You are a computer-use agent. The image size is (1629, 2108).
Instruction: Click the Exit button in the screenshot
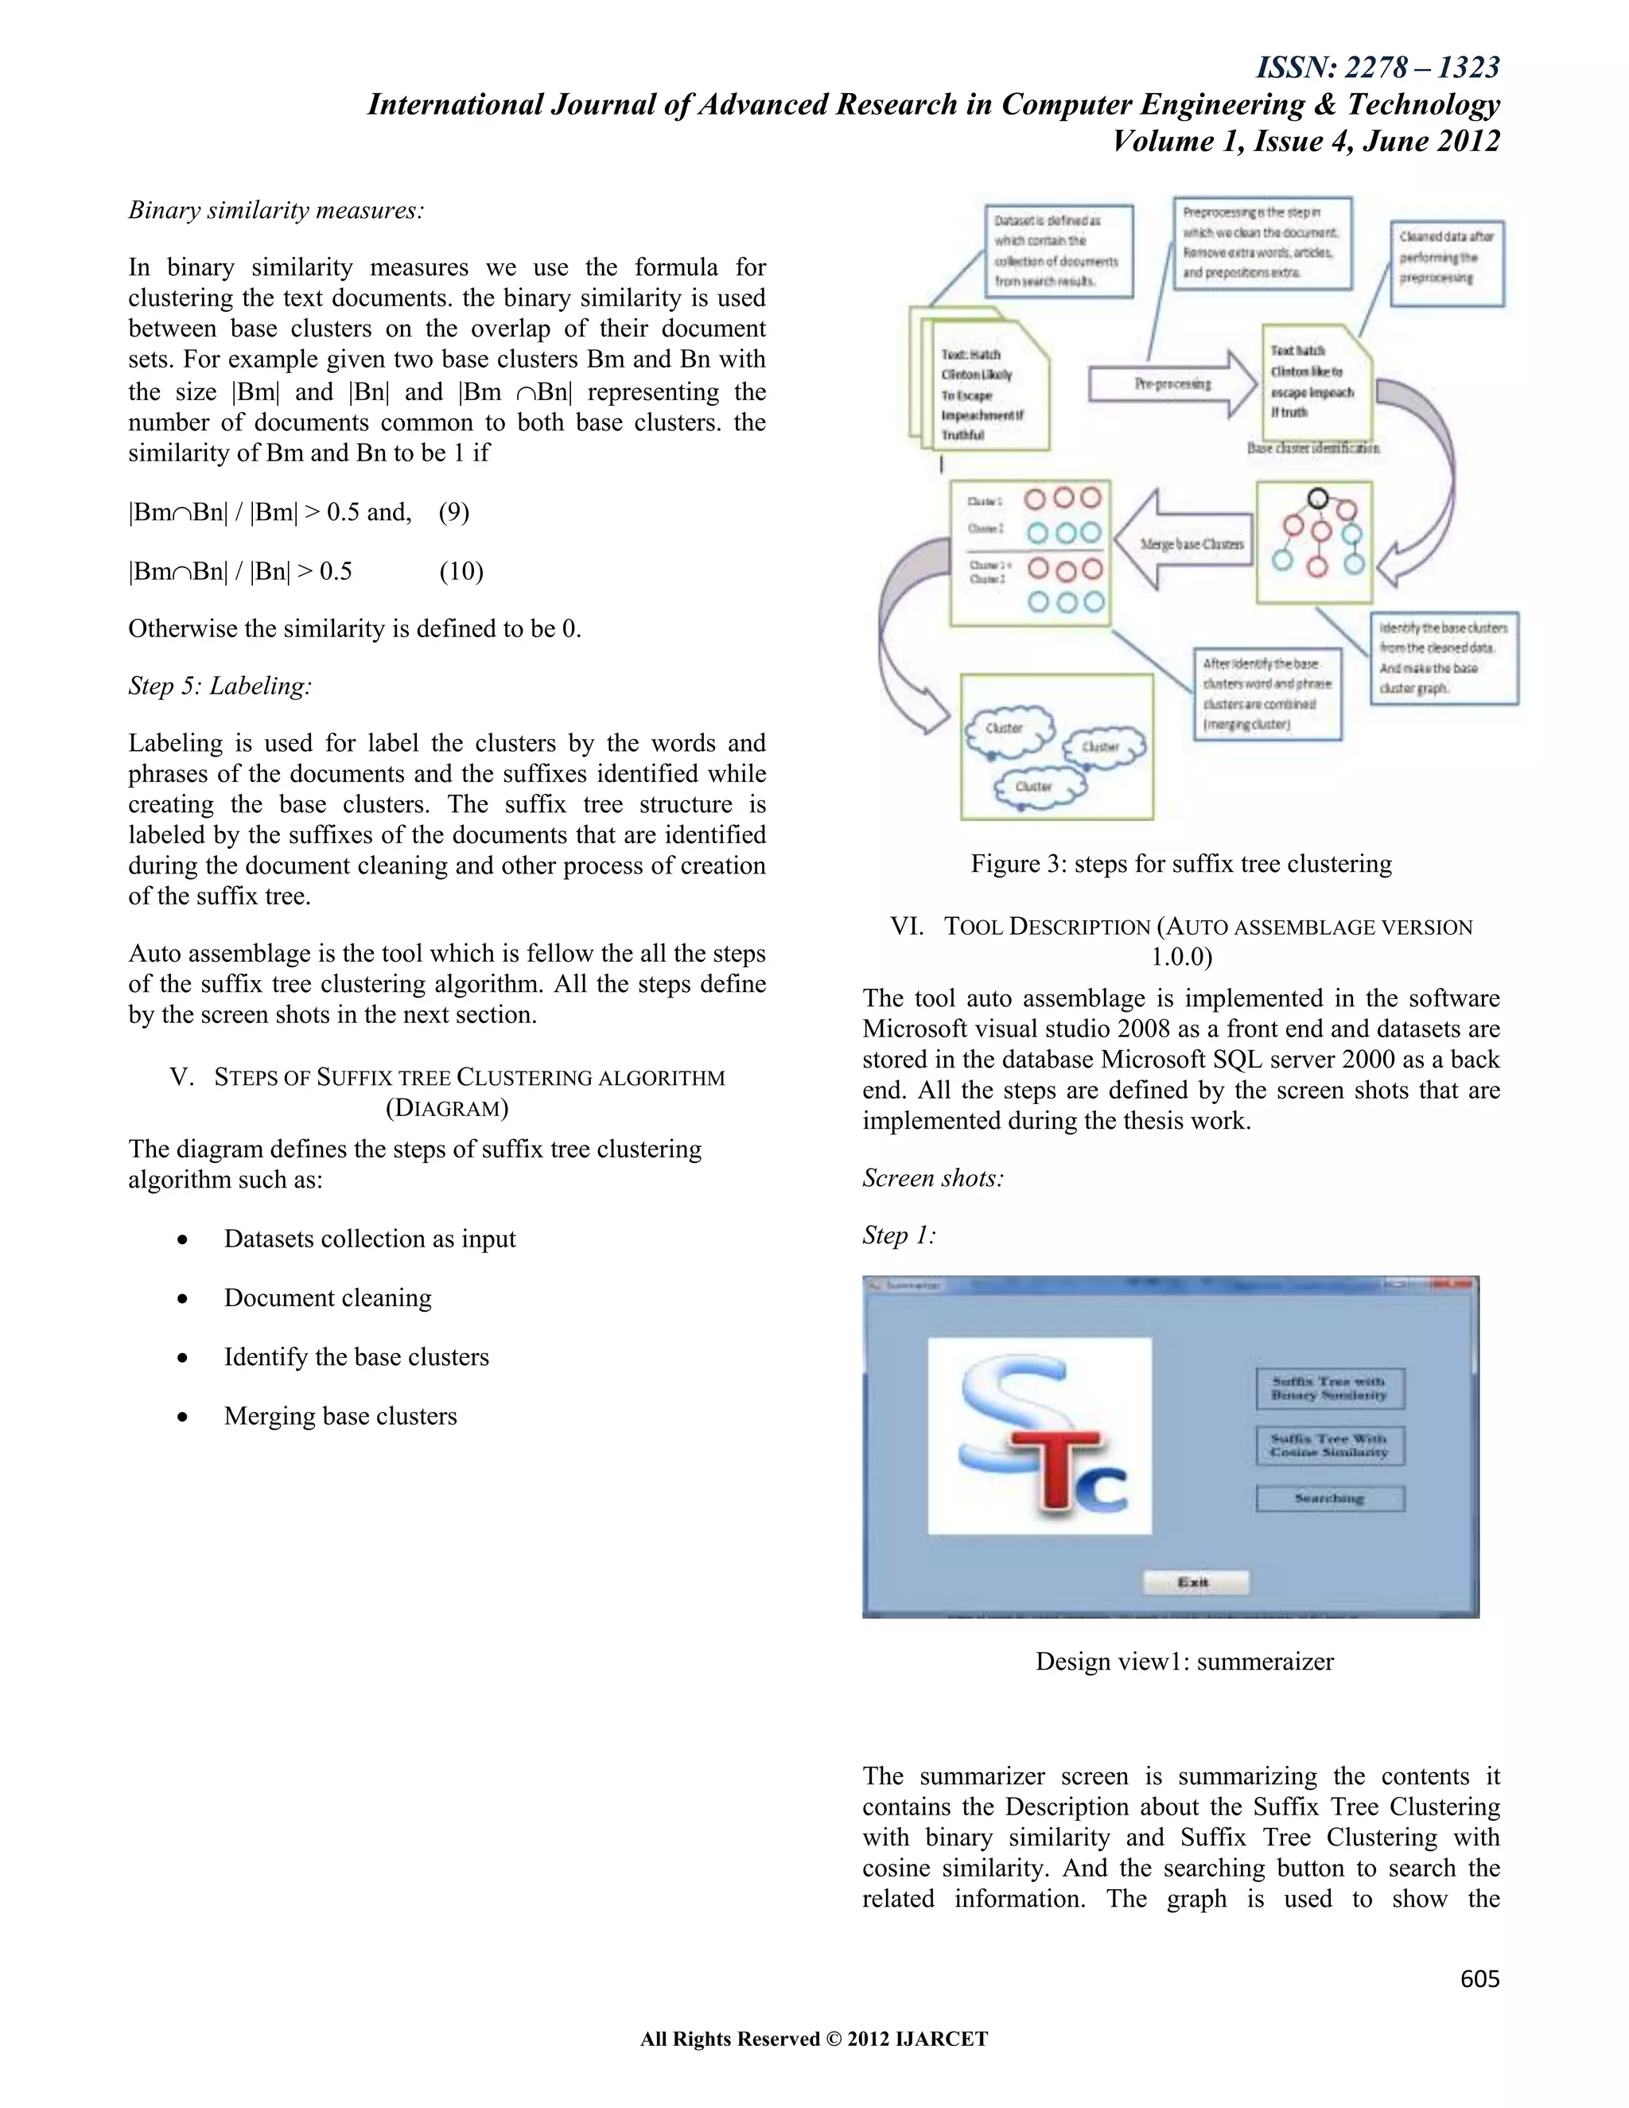[1195, 1582]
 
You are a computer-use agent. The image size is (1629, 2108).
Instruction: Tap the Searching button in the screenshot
[1329, 1498]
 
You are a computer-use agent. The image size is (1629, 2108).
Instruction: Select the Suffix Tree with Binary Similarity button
[1329, 1388]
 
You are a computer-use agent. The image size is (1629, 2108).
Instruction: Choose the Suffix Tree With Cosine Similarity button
[1329, 1445]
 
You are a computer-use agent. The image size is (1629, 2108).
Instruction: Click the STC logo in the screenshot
[1040, 1435]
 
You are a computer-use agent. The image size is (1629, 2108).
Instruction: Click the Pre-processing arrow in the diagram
[1172, 384]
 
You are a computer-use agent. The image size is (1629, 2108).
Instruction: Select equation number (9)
[453, 512]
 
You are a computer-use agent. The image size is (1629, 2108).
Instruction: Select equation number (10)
[461, 571]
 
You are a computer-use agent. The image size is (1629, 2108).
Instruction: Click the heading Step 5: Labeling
[220, 686]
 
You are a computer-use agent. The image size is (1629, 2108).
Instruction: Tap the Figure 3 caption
[1181, 864]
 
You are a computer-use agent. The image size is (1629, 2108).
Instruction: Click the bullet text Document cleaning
[327, 1298]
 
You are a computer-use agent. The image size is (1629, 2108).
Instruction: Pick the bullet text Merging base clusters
[340, 1416]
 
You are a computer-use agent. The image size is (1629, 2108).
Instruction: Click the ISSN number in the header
[1378, 68]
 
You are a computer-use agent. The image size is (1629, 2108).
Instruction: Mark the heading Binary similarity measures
[276, 211]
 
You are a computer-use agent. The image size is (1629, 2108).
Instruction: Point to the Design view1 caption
[1184, 1661]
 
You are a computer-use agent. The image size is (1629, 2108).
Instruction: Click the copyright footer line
[814, 2039]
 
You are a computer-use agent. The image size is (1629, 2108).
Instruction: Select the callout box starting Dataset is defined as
[1058, 251]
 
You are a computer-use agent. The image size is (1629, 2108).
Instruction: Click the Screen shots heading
[932, 1179]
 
